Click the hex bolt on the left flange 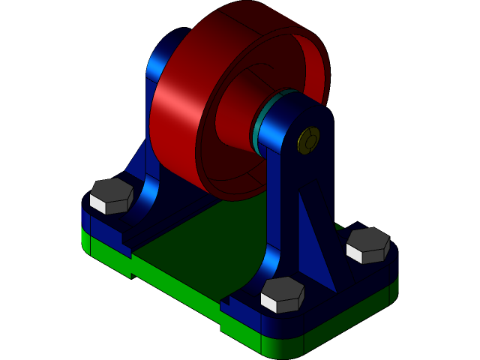(x=111, y=196)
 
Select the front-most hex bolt (x=282, y=294)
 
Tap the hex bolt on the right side (x=368, y=245)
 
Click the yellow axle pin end (x=308, y=140)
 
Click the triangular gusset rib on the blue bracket (x=314, y=240)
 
